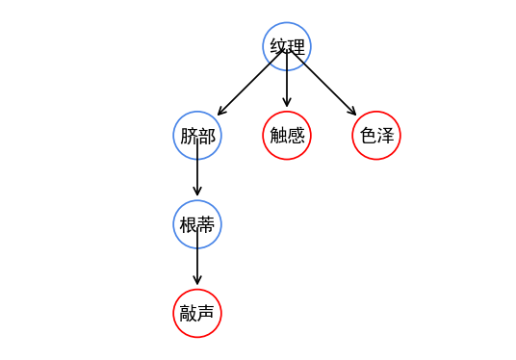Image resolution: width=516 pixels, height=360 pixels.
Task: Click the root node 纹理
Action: tap(287, 46)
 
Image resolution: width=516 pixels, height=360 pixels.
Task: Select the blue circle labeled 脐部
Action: tap(197, 136)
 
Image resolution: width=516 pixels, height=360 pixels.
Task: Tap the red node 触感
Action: tap(287, 136)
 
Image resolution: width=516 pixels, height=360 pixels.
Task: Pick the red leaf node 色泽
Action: tap(376, 136)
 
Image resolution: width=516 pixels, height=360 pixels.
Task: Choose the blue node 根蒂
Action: tap(197, 224)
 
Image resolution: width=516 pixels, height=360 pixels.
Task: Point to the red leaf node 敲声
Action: tap(197, 313)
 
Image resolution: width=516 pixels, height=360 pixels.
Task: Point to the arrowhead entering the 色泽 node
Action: tap(352, 112)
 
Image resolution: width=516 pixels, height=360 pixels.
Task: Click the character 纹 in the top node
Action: tap(278, 46)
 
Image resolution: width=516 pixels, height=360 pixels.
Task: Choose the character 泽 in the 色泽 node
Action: tap(385, 136)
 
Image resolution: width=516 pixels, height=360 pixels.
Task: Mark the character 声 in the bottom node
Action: tap(206, 313)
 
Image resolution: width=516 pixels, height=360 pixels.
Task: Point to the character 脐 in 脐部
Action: tap(189, 136)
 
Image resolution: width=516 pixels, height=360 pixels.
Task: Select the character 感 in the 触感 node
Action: tap(296, 136)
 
